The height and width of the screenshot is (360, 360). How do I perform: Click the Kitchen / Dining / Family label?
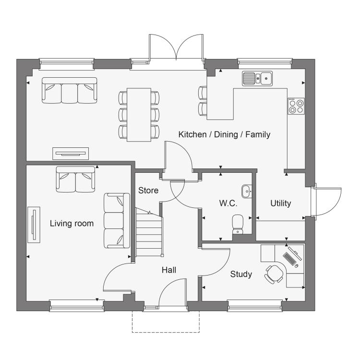pyautogui.click(x=224, y=134)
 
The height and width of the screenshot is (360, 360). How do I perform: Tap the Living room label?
pyautogui.click(x=72, y=223)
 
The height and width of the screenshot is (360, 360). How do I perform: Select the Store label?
pyautogui.click(x=148, y=191)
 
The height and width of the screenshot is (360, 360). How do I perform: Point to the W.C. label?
pyautogui.click(x=228, y=203)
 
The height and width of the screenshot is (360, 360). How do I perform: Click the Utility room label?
pyautogui.click(x=281, y=203)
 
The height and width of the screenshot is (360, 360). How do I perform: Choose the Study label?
pyautogui.click(x=241, y=274)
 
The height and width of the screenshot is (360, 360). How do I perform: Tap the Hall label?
pyautogui.click(x=169, y=270)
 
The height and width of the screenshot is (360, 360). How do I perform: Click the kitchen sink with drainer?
pyautogui.click(x=257, y=79)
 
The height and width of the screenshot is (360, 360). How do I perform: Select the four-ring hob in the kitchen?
pyautogui.click(x=297, y=106)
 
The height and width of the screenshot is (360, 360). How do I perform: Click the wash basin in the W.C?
pyautogui.click(x=247, y=191)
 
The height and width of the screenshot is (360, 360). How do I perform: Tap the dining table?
pyautogui.click(x=139, y=115)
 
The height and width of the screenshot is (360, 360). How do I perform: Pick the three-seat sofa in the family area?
pyautogui.click(x=69, y=90)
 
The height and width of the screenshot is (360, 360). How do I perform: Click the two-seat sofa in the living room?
pyautogui.click(x=75, y=180)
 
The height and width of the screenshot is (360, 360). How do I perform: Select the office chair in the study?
pyautogui.click(x=274, y=275)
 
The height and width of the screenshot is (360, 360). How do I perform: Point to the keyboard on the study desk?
pyautogui.click(x=289, y=259)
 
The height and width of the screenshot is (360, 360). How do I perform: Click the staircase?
pyautogui.click(x=149, y=232)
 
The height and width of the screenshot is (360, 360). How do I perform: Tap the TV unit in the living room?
pyautogui.click(x=34, y=225)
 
